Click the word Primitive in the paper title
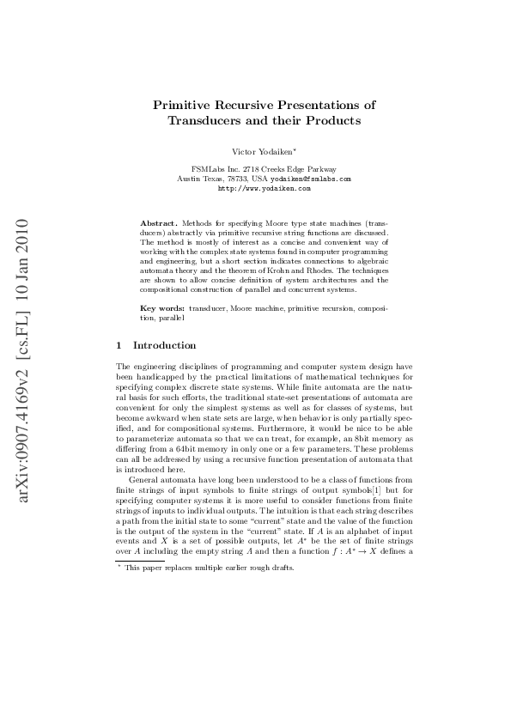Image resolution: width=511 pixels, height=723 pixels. tap(183, 105)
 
